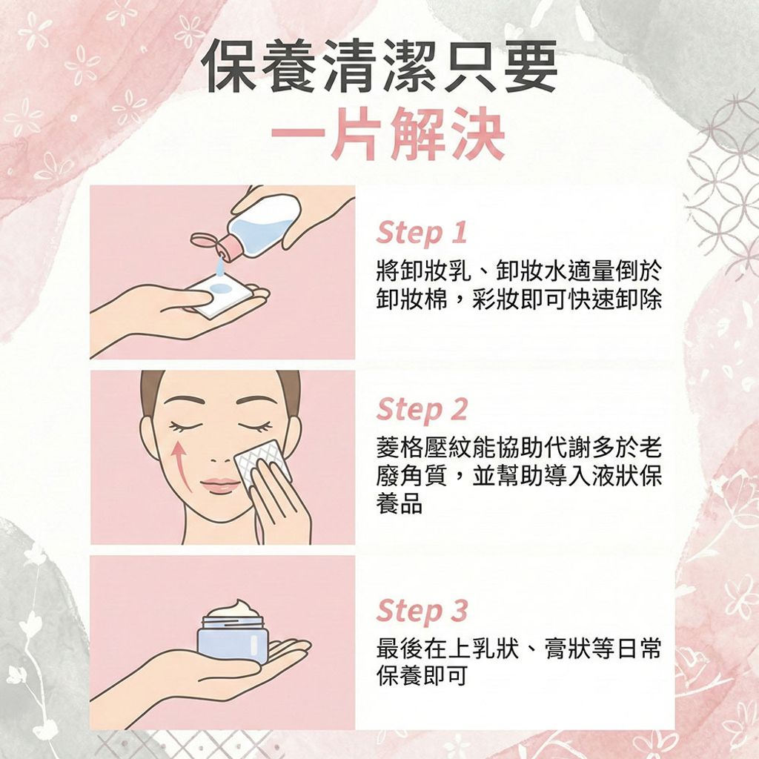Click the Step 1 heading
[421, 233]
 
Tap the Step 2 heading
[422, 408]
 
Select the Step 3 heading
[422, 611]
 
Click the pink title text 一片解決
[388, 136]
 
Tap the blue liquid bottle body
[264, 223]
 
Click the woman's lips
[219, 485]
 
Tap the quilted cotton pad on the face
[260, 463]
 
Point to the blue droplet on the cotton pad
[219, 288]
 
